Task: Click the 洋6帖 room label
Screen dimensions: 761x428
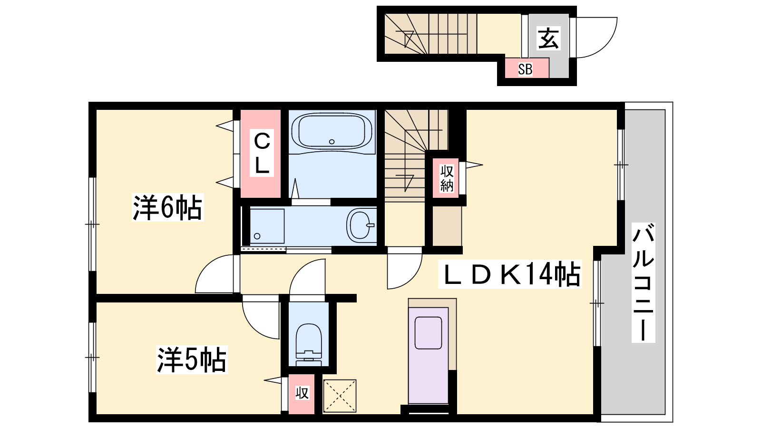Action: (x=167, y=207)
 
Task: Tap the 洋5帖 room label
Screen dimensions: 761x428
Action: (x=192, y=360)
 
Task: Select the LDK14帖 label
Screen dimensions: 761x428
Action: (x=509, y=274)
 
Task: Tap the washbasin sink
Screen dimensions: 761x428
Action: (x=361, y=225)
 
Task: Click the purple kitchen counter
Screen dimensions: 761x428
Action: (x=429, y=355)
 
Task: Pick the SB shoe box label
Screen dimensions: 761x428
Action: (x=525, y=69)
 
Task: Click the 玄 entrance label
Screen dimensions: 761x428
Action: (x=548, y=38)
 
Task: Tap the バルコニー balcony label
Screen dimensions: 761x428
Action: (x=643, y=282)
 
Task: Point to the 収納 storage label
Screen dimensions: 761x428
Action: (x=447, y=178)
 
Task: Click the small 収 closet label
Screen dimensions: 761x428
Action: (x=302, y=393)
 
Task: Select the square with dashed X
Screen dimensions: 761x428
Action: (x=340, y=396)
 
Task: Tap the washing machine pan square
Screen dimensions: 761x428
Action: (x=267, y=226)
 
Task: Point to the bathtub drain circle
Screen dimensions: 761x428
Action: (x=332, y=142)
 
